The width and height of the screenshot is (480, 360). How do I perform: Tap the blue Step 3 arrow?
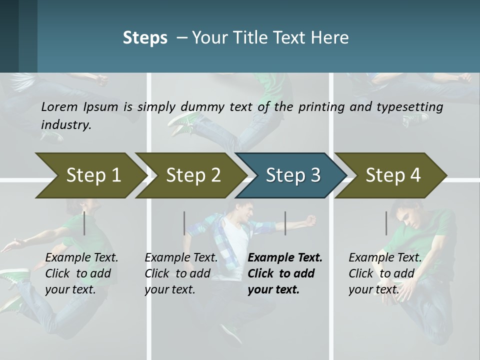(293, 175)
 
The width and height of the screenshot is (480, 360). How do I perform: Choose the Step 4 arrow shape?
(393, 175)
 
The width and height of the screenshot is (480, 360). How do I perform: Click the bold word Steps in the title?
(145, 38)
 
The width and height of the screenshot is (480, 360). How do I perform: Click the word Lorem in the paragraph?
(59, 106)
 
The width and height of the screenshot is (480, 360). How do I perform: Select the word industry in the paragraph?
(66, 124)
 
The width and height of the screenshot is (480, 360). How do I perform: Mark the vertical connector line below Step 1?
(84, 223)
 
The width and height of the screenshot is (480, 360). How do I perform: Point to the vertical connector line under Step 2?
(184, 223)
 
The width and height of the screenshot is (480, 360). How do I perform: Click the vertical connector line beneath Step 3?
(285, 223)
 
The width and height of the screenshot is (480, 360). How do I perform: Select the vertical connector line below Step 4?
(386, 223)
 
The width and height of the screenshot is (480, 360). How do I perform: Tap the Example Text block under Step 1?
(81, 273)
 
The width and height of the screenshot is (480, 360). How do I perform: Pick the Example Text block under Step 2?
(181, 273)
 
